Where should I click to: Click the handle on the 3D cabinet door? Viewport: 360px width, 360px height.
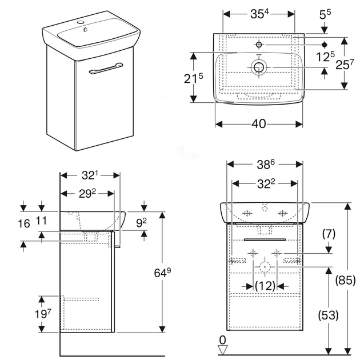pos(106,68)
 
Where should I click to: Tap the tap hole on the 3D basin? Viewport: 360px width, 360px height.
pos(81,22)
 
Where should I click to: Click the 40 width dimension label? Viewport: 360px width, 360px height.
pos(259,124)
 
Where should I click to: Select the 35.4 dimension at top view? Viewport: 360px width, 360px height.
pos(259,14)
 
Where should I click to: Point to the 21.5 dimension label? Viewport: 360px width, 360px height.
pos(194,78)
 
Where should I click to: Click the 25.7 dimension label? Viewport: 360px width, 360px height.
pos(345,65)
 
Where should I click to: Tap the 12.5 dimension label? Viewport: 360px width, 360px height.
pos(325,57)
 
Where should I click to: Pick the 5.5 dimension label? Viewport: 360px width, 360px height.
pos(325,14)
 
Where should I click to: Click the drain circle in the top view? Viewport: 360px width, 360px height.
pos(259,67)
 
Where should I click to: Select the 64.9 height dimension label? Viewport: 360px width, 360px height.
pos(162,273)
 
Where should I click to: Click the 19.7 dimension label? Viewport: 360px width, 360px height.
pos(43,314)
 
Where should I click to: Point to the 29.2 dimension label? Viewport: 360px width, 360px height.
pos(87,194)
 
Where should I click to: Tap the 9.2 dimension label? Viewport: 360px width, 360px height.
pos(142,222)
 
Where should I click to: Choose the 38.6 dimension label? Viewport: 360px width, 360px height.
pos(266,165)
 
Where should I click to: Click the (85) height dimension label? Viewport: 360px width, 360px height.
pos(346,280)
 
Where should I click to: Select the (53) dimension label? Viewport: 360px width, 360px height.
pos(328,315)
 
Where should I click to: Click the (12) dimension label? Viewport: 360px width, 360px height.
pos(265,286)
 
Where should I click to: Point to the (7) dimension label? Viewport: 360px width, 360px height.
pos(329,234)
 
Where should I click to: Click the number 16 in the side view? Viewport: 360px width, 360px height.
pos(24,223)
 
